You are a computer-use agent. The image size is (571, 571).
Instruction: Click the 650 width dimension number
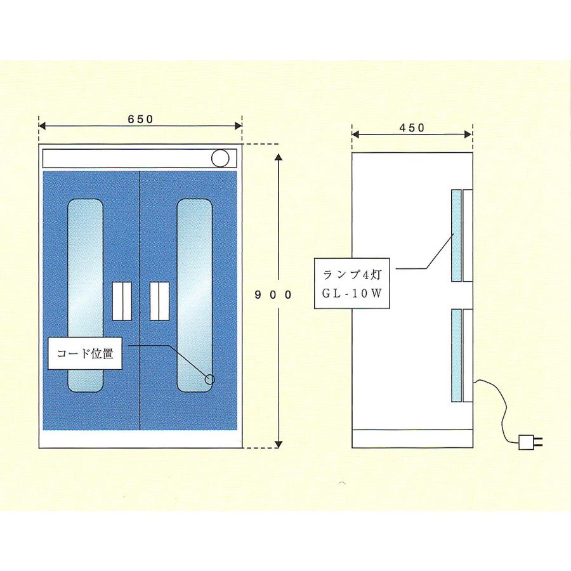pos(141,119)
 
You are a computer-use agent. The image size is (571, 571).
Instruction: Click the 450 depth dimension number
pos(412,128)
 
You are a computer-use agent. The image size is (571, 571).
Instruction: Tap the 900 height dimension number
pos(273,295)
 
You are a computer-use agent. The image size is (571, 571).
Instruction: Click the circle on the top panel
pos(220,159)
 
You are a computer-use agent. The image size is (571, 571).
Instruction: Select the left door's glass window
pos(86,295)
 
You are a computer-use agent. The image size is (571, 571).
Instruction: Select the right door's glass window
pos(195,295)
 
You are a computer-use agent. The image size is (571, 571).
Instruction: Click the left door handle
pos(122,301)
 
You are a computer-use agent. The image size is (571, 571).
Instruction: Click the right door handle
pos(159,301)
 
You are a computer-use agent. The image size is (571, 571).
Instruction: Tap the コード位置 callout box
pos(85,353)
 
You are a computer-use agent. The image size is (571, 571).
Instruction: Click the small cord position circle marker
pos(210,379)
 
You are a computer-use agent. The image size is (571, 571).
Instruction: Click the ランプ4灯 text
pos(352,275)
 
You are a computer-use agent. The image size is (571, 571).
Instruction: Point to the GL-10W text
pos(351,294)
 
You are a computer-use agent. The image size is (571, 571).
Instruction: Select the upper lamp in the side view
pos(456,235)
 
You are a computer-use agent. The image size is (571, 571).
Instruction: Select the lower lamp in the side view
pos(456,355)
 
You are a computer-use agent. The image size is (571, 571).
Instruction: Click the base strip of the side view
pos(412,439)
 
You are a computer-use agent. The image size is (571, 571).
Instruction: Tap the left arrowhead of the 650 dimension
pos(43,126)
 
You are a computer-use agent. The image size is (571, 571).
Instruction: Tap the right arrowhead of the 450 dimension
pos(468,135)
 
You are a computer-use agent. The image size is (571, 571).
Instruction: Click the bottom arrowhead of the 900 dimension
pos(279,444)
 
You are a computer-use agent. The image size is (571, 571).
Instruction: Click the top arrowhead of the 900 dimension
pos(279,157)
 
